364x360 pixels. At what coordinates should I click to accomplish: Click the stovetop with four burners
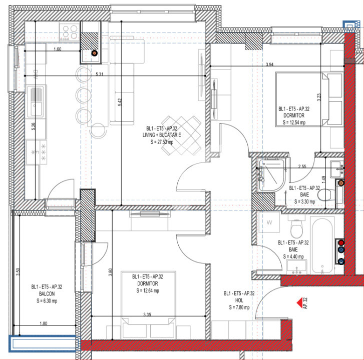click(x=69, y=32)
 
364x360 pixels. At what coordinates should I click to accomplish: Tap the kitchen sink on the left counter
click(x=36, y=98)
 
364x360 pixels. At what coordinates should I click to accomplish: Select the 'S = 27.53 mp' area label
click(x=162, y=142)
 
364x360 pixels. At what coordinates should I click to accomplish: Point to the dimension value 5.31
click(x=99, y=74)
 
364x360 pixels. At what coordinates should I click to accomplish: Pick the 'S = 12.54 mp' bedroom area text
click(x=294, y=122)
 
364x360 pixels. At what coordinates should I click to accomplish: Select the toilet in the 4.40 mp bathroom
click(x=297, y=230)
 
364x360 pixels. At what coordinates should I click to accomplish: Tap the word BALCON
click(x=47, y=294)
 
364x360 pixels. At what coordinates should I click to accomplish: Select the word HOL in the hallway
click(x=239, y=300)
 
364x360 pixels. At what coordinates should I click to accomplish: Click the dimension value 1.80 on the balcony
click(x=44, y=323)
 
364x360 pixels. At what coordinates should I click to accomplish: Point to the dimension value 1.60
click(x=57, y=49)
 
